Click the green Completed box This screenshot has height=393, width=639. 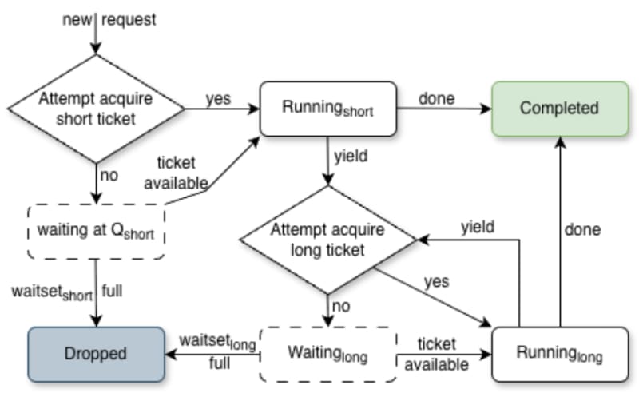[x=560, y=109]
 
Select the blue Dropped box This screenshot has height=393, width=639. [x=96, y=354]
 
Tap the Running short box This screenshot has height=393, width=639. [x=328, y=109]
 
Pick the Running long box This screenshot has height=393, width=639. [x=560, y=354]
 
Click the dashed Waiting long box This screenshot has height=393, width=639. [x=328, y=354]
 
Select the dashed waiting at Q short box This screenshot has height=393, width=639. [x=96, y=231]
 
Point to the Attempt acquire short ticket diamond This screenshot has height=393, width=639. [x=96, y=109]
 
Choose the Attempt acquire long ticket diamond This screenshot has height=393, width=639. [x=328, y=240]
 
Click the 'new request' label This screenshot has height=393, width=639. [x=109, y=19]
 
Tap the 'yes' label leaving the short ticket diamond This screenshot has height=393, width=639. [x=218, y=99]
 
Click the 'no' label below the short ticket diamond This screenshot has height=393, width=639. [x=109, y=175]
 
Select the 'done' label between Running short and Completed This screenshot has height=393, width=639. [x=436, y=98]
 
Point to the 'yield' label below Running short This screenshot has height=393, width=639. [x=351, y=156]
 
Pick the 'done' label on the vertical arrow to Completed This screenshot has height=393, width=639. [x=582, y=229]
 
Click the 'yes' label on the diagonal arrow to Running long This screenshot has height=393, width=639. [x=436, y=282]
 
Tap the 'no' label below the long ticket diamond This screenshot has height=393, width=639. [x=341, y=306]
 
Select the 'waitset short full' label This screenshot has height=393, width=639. [x=67, y=292]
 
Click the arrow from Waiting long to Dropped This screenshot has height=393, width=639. [x=212, y=355]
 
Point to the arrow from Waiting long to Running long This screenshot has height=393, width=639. [x=444, y=355]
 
